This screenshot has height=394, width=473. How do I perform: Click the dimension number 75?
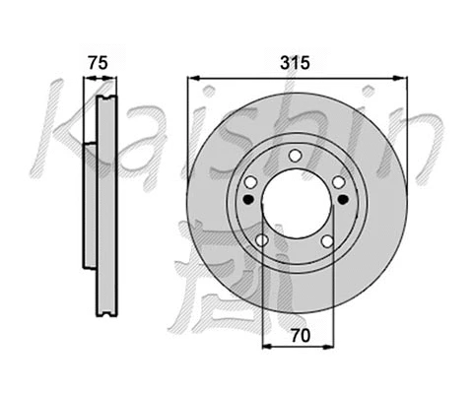pyautogui.click(x=97, y=62)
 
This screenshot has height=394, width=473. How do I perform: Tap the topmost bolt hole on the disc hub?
pyautogui.click(x=295, y=156)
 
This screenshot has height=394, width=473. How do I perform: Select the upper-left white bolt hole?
pyautogui.click(x=250, y=182)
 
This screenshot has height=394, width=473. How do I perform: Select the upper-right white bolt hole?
pyautogui.click(x=338, y=182)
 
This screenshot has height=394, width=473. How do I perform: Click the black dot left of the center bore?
pyautogui.click(x=247, y=199)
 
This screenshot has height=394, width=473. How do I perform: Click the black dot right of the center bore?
pyautogui.click(x=342, y=199)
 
